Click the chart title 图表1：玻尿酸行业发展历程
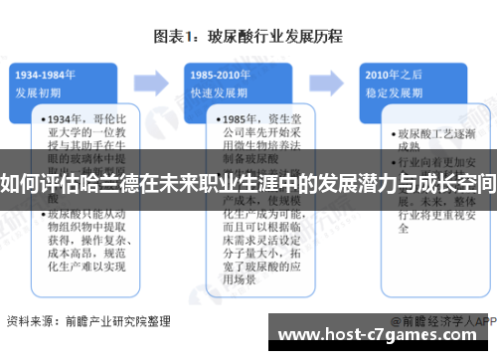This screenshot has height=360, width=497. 248,38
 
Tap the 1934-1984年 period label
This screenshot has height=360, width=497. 48,75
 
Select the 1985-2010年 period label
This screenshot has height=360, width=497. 221,75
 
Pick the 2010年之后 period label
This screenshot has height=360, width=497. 390,75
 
